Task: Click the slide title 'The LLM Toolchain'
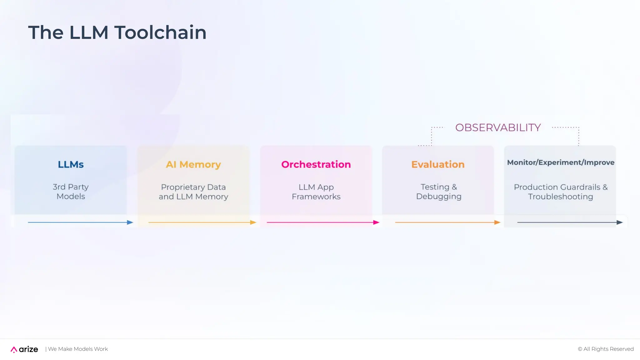117,32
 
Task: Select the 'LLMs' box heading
71,164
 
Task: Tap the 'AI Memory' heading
193,164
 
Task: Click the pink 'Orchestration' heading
316,164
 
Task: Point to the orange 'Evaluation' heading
438,164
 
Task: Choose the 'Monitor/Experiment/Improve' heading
561,162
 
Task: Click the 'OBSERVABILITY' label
498,127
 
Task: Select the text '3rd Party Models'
71,192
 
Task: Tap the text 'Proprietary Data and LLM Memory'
193,192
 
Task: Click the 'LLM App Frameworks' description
316,192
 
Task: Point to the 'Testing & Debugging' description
438,192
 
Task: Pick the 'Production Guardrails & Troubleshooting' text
561,192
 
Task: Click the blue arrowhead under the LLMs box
130,222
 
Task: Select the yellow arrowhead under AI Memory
253,222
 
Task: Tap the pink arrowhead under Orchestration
376,222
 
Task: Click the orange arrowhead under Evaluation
497,222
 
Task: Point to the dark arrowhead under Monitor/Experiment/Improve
619,222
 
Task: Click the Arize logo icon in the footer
14,349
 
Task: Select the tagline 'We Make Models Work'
78,349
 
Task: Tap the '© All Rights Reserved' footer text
605,349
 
